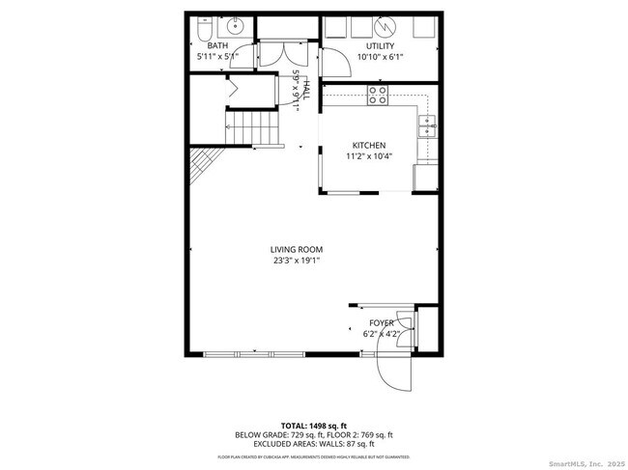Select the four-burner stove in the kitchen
(379, 95)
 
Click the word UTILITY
(381, 46)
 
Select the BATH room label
(217, 45)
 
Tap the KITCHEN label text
(368, 146)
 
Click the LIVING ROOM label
(296, 249)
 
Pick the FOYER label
(381, 322)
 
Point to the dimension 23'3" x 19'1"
(296, 260)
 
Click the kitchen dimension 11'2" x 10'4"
(368, 156)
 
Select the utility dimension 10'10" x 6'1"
(381, 57)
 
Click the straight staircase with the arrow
(251, 125)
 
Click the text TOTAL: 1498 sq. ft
(313, 426)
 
